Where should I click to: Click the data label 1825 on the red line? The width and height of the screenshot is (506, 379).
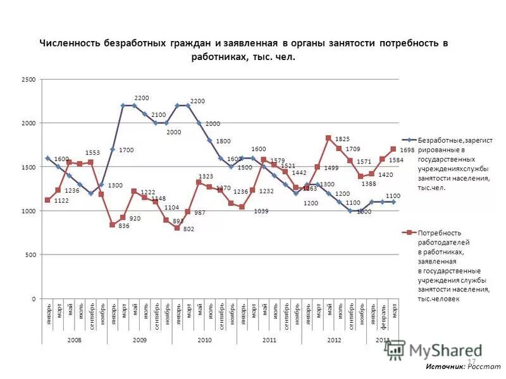click(342, 138)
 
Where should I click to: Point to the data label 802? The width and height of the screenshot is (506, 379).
click(188, 229)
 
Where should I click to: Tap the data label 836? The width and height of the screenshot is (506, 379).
click(123, 226)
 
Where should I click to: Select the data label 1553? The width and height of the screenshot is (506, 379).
click(94, 153)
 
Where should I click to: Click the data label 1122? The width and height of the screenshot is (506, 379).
click(61, 200)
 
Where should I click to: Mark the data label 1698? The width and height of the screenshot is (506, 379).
click(407, 150)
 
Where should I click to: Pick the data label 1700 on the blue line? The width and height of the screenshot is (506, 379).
click(126, 150)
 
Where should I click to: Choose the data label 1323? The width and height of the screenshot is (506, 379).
click(207, 176)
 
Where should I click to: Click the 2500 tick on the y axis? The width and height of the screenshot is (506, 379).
click(29, 80)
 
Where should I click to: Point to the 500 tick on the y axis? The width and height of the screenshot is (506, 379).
click(31, 255)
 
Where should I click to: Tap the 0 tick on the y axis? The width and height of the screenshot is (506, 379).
click(35, 298)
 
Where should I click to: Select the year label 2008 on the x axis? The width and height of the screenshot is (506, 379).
click(75, 339)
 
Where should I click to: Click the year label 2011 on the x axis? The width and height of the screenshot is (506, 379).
click(269, 339)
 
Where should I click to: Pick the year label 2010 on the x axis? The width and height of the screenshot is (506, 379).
click(204, 339)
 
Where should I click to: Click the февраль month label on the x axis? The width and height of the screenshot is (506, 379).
click(383, 315)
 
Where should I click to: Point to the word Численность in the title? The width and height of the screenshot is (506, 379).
click(71, 44)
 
